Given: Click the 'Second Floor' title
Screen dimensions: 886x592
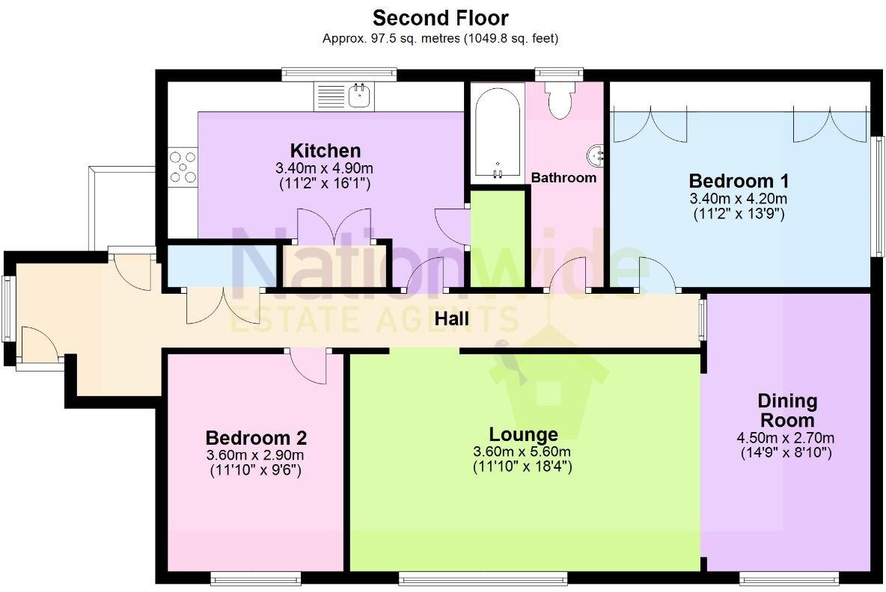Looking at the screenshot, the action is tap(440, 18).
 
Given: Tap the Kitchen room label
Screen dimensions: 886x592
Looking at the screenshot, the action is tap(325, 151).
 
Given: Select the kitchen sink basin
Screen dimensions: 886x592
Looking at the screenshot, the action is tap(359, 96).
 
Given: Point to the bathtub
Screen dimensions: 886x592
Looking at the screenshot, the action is tap(497, 133).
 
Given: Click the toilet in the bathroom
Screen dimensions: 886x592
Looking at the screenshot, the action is tap(560, 99).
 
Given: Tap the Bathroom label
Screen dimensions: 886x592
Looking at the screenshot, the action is tap(563, 178).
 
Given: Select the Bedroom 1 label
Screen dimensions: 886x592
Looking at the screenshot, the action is tap(739, 181).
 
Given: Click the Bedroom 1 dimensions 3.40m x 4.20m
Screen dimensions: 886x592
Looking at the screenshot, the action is tap(738, 199).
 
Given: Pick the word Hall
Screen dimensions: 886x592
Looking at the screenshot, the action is tap(451, 319).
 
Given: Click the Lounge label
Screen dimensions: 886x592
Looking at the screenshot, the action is tap(523, 434).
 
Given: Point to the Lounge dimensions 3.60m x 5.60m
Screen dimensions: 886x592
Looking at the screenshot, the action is tap(522, 451).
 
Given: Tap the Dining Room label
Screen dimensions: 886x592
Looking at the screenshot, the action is tap(786, 410).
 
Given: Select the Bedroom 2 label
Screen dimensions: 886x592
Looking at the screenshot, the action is tap(256, 438).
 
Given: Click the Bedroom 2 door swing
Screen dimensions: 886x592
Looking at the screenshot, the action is tap(308, 367).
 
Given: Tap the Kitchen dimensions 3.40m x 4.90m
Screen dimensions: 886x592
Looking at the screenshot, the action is tap(324, 168).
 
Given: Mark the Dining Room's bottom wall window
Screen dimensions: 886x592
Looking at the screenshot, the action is tap(789, 577).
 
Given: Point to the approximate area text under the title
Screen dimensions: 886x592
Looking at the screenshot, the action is tap(440, 38).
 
